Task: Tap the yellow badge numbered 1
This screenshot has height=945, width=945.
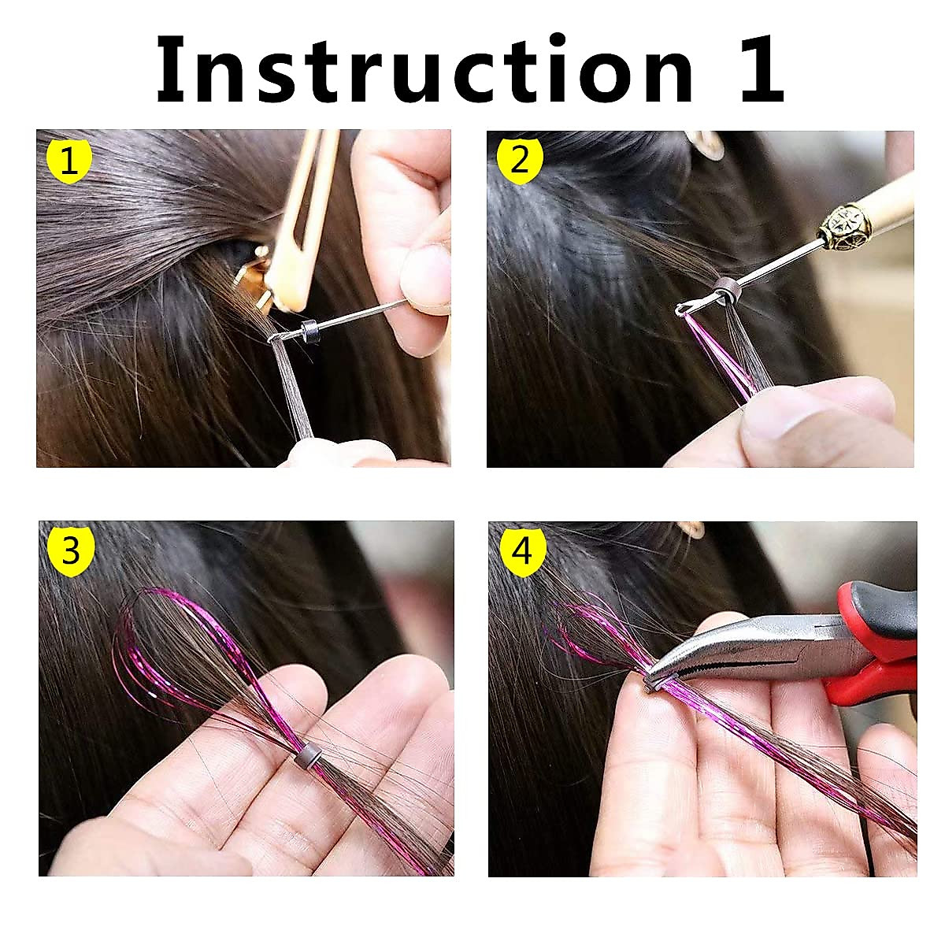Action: [69, 162]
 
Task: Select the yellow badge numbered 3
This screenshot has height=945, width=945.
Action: [71, 550]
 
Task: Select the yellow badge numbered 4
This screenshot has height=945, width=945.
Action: [522, 552]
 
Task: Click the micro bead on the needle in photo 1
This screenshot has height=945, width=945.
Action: [307, 327]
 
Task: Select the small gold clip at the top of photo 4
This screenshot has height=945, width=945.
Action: [693, 529]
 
